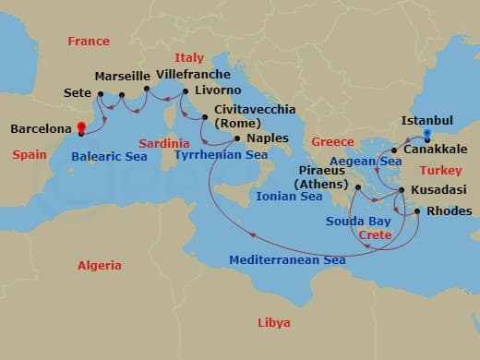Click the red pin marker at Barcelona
coord(81,128)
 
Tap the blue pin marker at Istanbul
coord(426,134)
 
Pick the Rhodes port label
coord(450,211)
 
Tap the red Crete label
coord(374,235)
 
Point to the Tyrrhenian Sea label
coord(222,155)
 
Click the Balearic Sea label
coord(109,156)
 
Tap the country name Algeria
coord(99,266)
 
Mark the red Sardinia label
coord(164,143)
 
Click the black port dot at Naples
coord(237,138)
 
